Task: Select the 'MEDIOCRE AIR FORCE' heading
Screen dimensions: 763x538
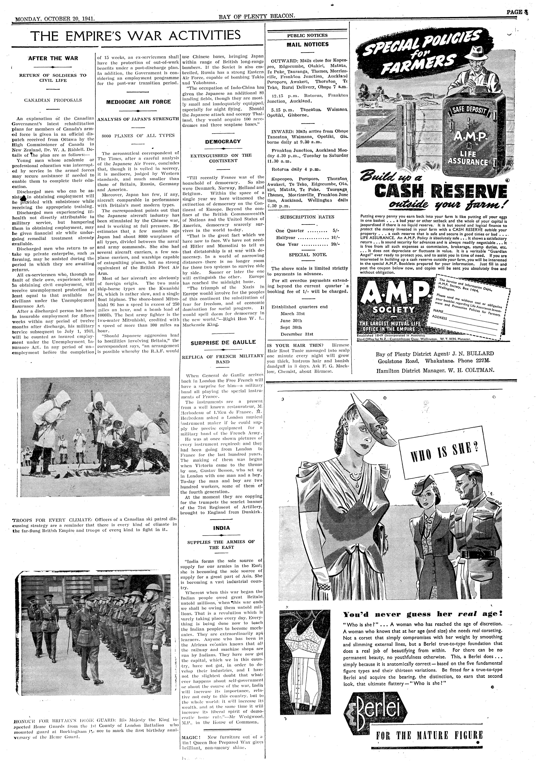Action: [138, 102]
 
